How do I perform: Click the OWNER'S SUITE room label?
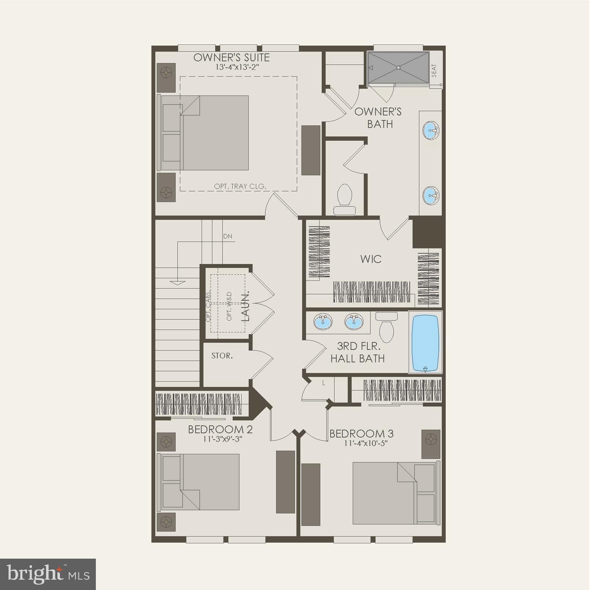(232, 57)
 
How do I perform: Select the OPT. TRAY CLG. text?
(240, 186)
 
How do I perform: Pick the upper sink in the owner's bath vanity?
(431, 130)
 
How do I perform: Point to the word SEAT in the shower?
(434, 71)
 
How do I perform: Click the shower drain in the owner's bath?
(399, 67)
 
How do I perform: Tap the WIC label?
(371, 259)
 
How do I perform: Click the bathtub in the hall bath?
(425, 342)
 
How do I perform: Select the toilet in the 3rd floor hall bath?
(387, 327)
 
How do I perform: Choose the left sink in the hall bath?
(323, 322)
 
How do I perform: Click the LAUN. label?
(246, 306)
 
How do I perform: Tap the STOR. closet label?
(222, 356)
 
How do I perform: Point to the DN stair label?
(228, 236)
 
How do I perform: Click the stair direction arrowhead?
(178, 283)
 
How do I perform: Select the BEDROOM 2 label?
(220, 429)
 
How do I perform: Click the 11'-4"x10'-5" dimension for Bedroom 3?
(366, 444)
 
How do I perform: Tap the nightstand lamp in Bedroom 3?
(431, 439)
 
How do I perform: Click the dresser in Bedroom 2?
(285, 482)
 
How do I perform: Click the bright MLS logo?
(48, 574)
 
